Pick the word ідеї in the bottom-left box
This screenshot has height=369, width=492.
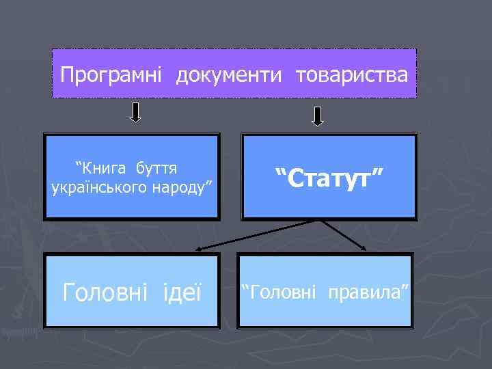(x=183, y=293)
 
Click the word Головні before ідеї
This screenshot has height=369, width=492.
(x=104, y=293)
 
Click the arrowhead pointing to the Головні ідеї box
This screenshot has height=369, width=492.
(x=197, y=250)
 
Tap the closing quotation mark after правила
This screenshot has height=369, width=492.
(x=403, y=288)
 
